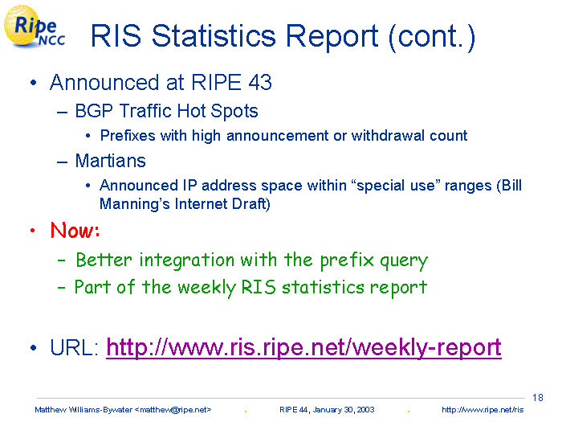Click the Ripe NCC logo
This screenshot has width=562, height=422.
34,27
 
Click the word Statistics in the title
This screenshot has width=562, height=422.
214,36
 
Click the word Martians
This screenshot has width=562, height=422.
111,161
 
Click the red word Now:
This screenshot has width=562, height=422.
75,230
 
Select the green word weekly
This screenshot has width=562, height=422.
207,288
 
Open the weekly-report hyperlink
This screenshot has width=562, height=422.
303,347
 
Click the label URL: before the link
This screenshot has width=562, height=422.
74,347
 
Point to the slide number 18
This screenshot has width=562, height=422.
538,398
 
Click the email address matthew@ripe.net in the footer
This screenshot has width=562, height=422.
173,410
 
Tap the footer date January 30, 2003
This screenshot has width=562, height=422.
344,410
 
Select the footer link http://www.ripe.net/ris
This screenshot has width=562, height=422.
483,410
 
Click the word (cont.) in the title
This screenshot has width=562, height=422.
432,37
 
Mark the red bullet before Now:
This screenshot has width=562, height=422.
33,231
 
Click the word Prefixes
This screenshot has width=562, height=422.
128,136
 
